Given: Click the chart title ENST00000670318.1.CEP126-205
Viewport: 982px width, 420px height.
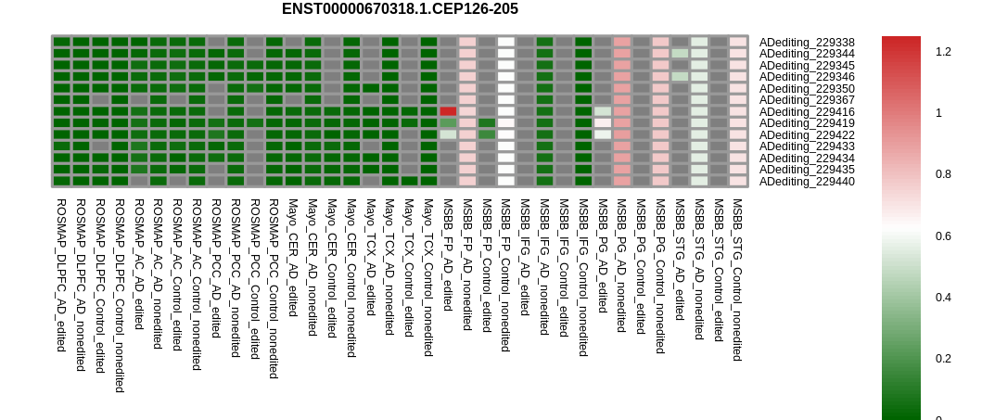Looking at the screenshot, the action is click(400, 8).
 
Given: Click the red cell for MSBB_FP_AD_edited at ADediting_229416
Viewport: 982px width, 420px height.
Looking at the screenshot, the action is click(448, 111).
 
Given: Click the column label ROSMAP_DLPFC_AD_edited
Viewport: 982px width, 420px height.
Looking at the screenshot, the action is click(61, 274).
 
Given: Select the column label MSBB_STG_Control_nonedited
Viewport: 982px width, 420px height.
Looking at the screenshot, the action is click(738, 280).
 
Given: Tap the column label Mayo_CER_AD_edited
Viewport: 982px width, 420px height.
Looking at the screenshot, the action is click(293, 257).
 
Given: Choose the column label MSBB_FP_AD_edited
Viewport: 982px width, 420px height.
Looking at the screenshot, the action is click(448, 255).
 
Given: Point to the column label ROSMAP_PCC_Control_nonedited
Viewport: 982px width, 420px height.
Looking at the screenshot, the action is click(274, 288).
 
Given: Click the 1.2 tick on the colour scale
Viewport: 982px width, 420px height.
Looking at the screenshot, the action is click(943, 52).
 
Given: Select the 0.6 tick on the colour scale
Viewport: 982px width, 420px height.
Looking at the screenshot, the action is click(943, 236).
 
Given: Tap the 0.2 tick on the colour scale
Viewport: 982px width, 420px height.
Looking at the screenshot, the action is click(943, 359).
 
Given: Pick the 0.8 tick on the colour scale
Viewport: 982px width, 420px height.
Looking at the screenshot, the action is click(943, 174).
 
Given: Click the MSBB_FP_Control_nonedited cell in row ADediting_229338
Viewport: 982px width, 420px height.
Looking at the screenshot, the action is click(506, 42).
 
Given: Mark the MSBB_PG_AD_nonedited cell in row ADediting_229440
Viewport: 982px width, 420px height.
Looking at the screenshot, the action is click(622, 181).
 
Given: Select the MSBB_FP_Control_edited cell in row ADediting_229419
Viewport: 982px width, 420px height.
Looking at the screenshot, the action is click(487, 123).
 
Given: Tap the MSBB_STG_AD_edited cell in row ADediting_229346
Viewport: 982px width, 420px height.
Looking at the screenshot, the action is click(680, 77).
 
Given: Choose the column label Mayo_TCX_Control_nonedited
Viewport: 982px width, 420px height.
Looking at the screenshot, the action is click(428, 277).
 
